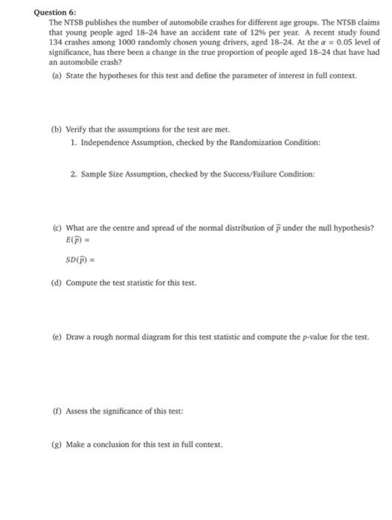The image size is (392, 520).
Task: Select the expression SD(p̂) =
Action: tap(83, 259)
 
